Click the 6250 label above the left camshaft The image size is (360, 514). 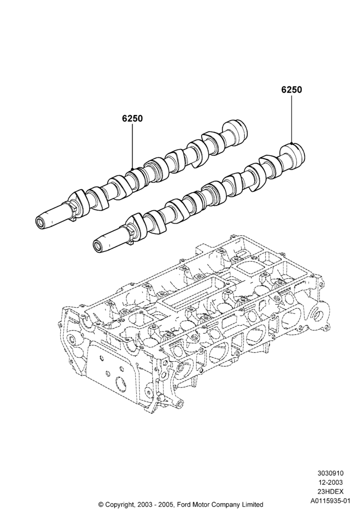[133, 118]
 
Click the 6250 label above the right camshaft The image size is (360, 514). [292, 89]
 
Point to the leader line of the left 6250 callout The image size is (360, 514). [133, 146]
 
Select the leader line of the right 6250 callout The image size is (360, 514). [292, 119]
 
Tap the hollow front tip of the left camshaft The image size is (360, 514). [41, 223]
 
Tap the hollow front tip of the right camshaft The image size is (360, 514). [98, 245]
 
